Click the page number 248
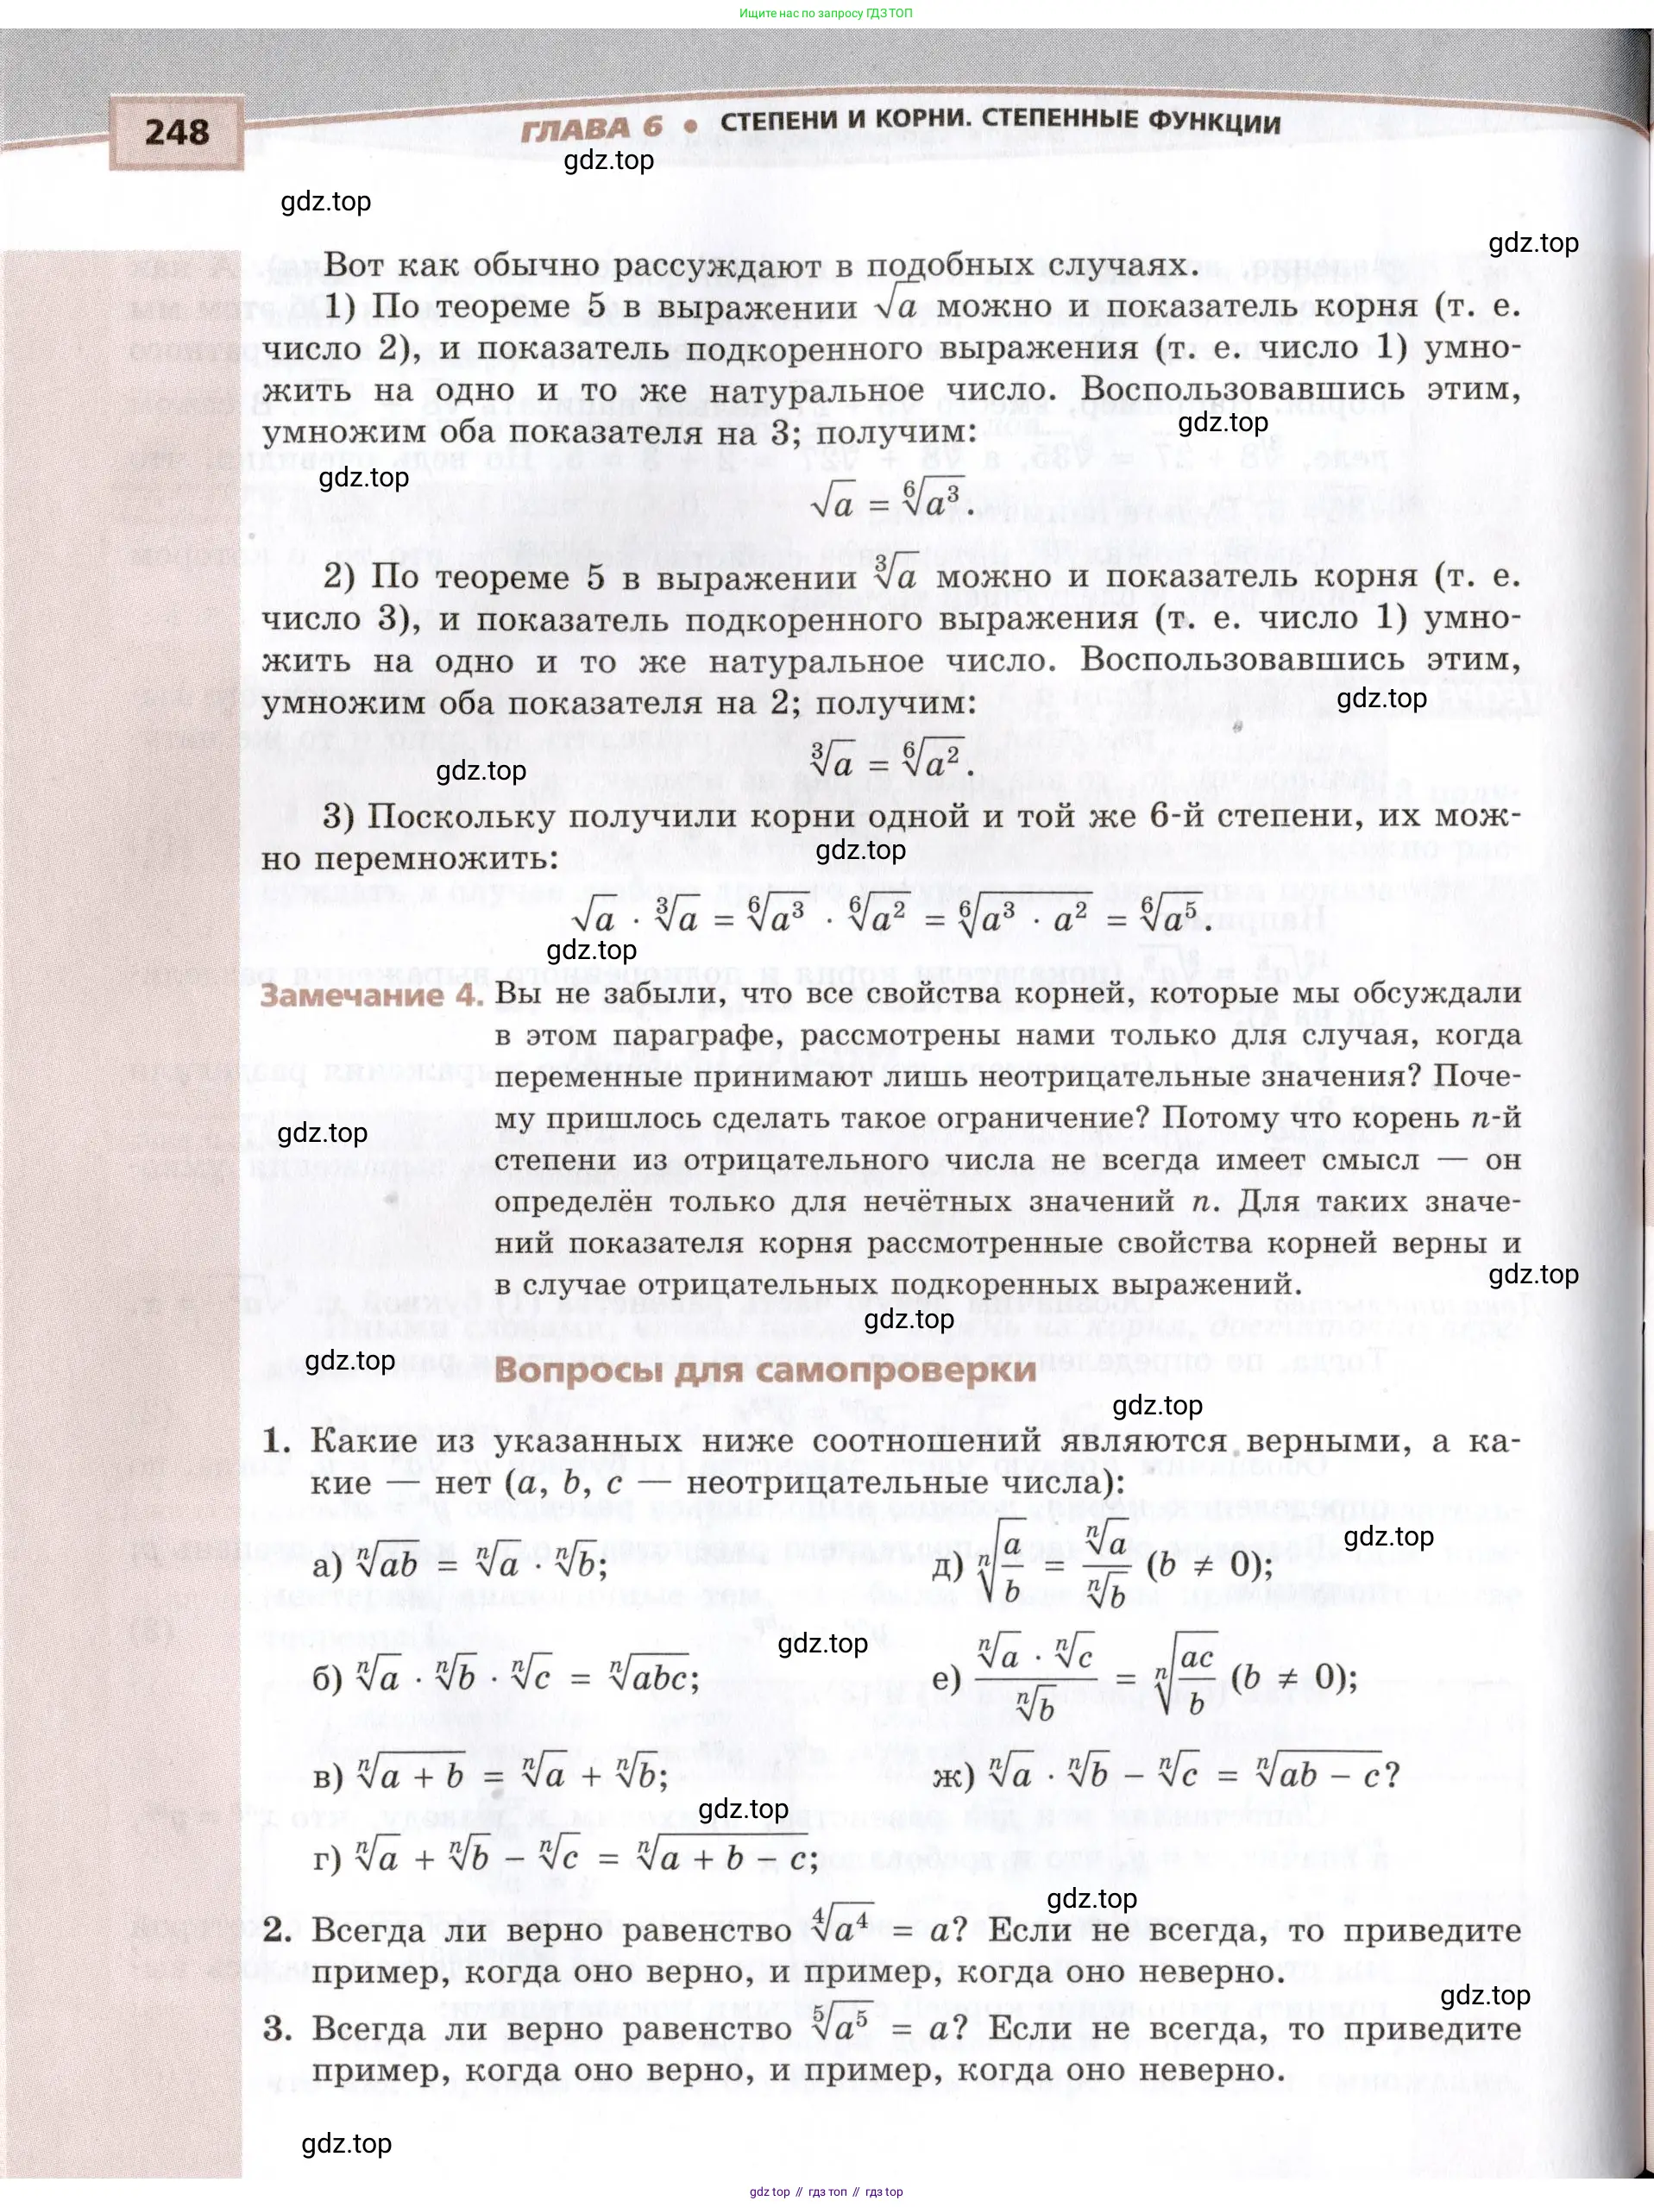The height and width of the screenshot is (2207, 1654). tap(177, 132)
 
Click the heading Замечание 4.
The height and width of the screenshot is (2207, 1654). tap(371, 996)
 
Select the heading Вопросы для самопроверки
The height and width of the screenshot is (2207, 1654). tap(764, 1370)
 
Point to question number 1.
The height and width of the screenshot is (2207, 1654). tap(276, 1442)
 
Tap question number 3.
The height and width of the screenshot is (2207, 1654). tap(276, 2028)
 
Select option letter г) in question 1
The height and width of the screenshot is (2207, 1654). tap(327, 1859)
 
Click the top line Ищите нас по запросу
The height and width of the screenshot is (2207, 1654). tap(826, 13)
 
